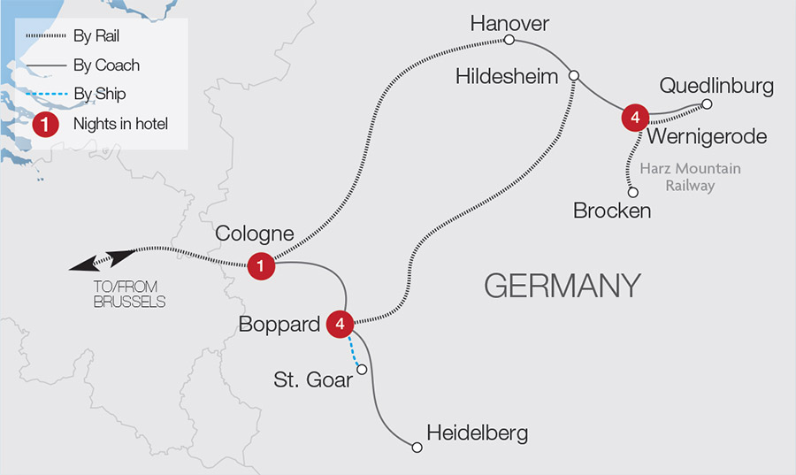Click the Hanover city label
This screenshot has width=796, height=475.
pyautogui.click(x=509, y=22)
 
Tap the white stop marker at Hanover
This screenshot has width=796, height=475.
pyautogui.click(x=509, y=40)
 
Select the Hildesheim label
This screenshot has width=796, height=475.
pyautogui.click(x=507, y=77)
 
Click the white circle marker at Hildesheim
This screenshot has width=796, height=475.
pyautogui.click(x=574, y=76)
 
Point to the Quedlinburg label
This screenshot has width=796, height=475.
pyautogui.click(x=716, y=86)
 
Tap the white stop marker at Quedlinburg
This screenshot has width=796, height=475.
pyautogui.click(x=707, y=104)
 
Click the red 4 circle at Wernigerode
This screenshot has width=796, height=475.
pyautogui.click(x=635, y=117)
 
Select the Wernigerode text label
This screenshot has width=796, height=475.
pyautogui.click(x=706, y=136)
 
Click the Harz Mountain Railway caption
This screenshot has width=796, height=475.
pyautogui.click(x=692, y=177)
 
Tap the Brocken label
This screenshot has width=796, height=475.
pyautogui.click(x=612, y=211)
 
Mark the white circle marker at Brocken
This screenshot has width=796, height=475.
pyautogui.click(x=632, y=191)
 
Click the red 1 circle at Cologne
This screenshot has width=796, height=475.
pyautogui.click(x=261, y=264)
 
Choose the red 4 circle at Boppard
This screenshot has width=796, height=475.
pyautogui.click(x=340, y=324)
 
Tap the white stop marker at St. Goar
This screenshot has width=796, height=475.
pyautogui.click(x=361, y=369)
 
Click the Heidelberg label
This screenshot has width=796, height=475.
pyautogui.click(x=477, y=433)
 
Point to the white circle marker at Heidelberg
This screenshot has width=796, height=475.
pyautogui.click(x=417, y=448)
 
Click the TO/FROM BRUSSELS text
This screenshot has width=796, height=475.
pyautogui.click(x=130, y=295)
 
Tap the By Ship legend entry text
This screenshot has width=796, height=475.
pyautogui.click(x=101, y=95)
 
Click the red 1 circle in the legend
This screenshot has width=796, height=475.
pyautogui.click(x=44, y=125)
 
